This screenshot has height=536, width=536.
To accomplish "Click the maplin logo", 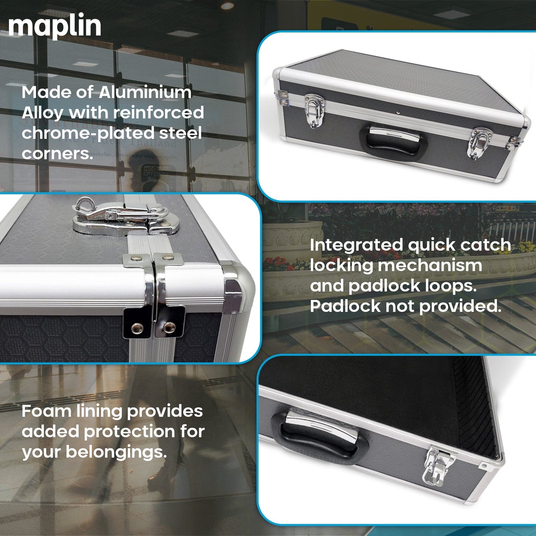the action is point(55,27).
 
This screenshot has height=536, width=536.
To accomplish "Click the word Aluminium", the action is point(145,93).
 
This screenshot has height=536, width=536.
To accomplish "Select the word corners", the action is point(57,153).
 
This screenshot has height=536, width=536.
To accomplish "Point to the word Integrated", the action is point(356,246).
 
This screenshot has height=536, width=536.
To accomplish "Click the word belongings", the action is point(116,452).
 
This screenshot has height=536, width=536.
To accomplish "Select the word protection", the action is point(129,432).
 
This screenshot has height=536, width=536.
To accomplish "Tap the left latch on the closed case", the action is point(314,111).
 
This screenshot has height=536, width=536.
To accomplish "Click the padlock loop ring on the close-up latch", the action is point(85,205).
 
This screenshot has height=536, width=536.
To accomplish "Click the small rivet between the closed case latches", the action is point(398,112).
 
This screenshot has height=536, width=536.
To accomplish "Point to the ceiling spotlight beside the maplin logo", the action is point(227,5).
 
